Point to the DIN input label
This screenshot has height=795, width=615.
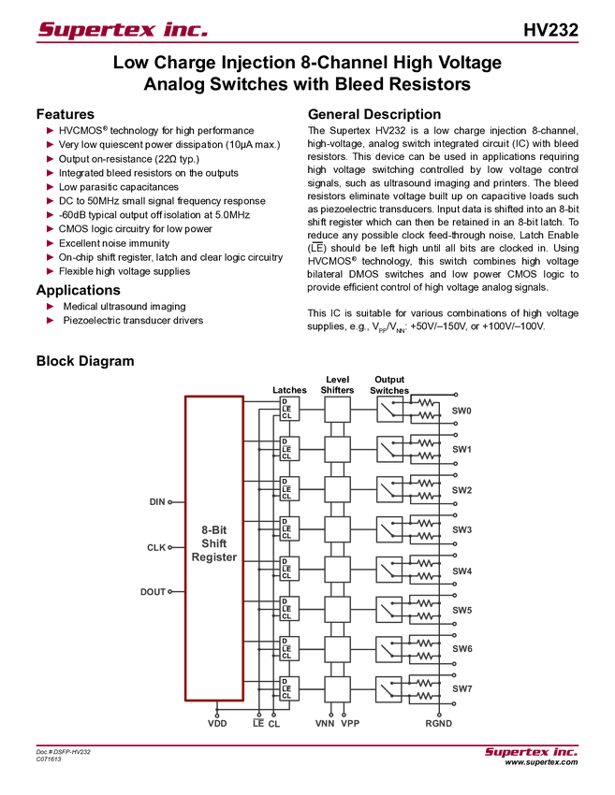156,502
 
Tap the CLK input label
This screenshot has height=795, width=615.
157,548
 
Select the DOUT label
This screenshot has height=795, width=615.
155,591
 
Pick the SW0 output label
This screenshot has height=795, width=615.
461,411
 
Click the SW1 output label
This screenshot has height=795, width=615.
461,450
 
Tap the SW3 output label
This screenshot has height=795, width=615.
461,530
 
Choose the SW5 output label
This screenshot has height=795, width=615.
461,610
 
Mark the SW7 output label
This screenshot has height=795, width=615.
461,689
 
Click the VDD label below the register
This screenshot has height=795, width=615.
217,723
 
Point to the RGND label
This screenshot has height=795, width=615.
439,723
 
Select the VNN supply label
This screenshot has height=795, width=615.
324,723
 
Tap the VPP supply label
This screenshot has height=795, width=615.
350,723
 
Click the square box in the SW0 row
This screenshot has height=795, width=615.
337,409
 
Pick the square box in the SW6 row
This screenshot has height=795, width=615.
337,649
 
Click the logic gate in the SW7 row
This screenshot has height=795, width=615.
289,689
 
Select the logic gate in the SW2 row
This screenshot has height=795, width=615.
289,489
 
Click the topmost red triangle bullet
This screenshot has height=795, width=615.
51,130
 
